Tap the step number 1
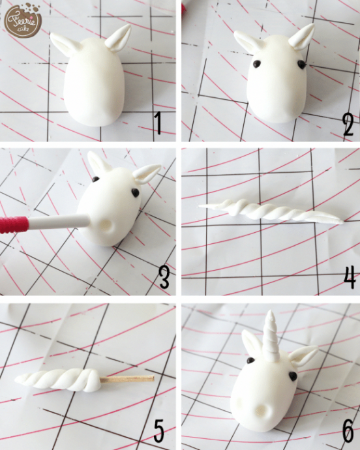pos(158,124)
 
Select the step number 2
pos(348,125)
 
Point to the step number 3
pos(164,277)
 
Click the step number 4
pos(350,277)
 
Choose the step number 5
pos(158,430)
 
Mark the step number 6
pos(348,430)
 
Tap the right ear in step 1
pos(118,38)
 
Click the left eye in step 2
pos(257,63)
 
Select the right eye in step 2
pos(301,65)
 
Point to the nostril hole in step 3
pos(108,225)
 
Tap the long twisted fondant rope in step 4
pos(271,212)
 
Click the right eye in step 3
pos(135,192)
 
